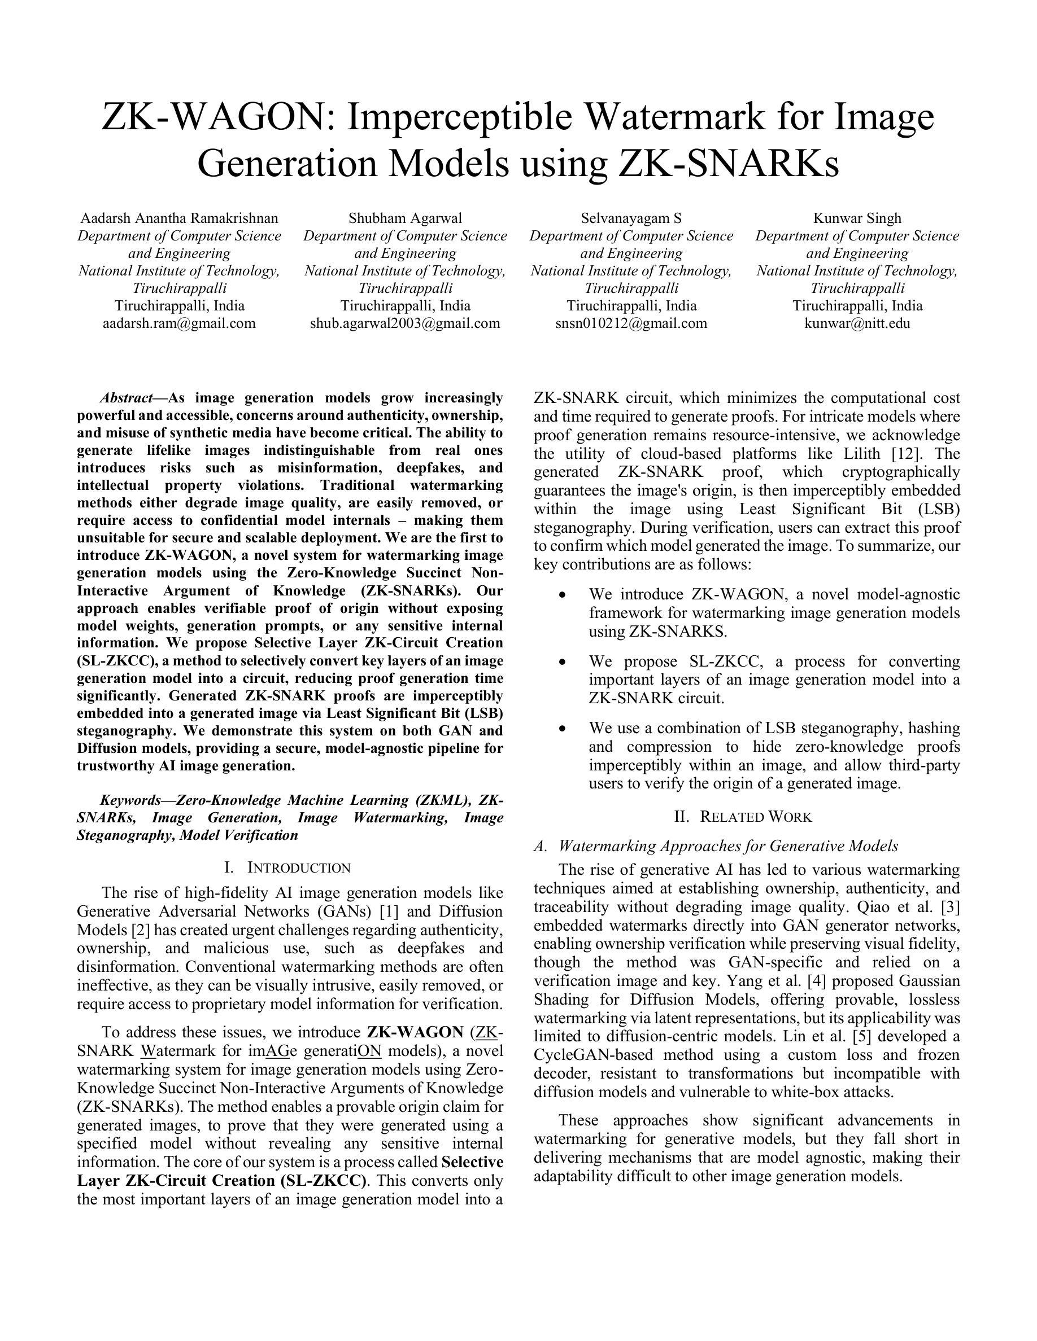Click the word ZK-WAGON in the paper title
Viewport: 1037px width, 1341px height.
coord(215,117)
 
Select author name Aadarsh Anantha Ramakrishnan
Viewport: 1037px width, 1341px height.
coord(179,218)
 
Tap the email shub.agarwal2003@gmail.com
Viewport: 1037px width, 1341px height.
coord(405,323)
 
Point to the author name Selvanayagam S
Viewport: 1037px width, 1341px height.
coord(631,218)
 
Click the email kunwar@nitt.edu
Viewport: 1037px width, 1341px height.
coord(857,323)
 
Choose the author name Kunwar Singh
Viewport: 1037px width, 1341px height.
coord(857,218)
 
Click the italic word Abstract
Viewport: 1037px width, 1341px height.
coord(126,398)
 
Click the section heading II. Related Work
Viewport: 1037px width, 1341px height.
coord(743,817)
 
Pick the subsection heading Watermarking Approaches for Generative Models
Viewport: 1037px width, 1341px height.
coord(728,846)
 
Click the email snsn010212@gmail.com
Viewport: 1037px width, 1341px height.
coord(631,323)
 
